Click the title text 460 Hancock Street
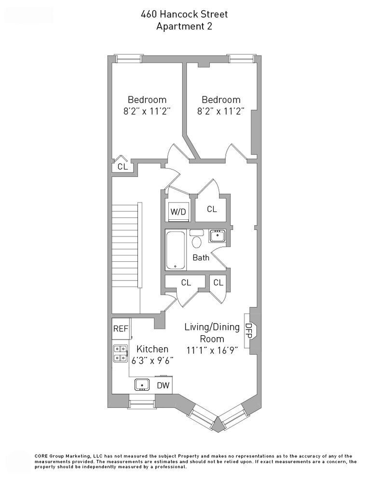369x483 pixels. [x=184, y=15]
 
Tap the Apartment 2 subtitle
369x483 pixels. [x=184, y=27]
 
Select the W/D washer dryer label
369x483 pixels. [x=178, y=211]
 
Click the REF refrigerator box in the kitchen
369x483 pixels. [x=121, y=329]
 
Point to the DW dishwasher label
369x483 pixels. [x=164, y=385]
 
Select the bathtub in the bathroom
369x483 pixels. [x=175, y=250]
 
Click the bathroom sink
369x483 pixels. [x=217, y=236]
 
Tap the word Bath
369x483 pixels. [x=201, y=257]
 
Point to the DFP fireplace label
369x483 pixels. [x=249, y=330]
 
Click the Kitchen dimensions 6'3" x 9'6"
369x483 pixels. [x=152, y=360]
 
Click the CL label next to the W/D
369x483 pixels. [x=212, y=209]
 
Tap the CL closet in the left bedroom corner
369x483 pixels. [x=123, y=167]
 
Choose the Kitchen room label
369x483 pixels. [x=152, y=349]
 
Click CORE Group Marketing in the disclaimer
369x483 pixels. [x=63, y=455]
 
